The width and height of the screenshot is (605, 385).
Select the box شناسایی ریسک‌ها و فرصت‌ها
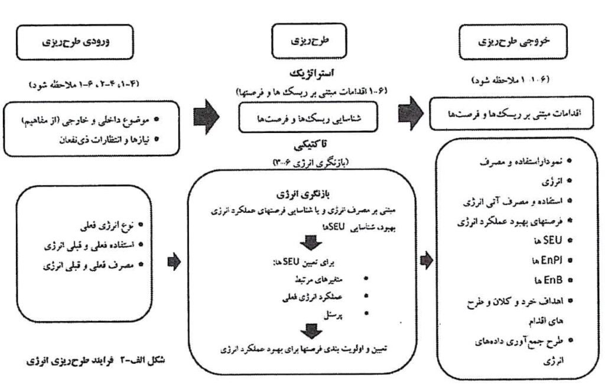point(310,118)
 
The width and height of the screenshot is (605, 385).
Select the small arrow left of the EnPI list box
point(425,260)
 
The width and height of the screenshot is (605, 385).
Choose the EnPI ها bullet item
point(544,258)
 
